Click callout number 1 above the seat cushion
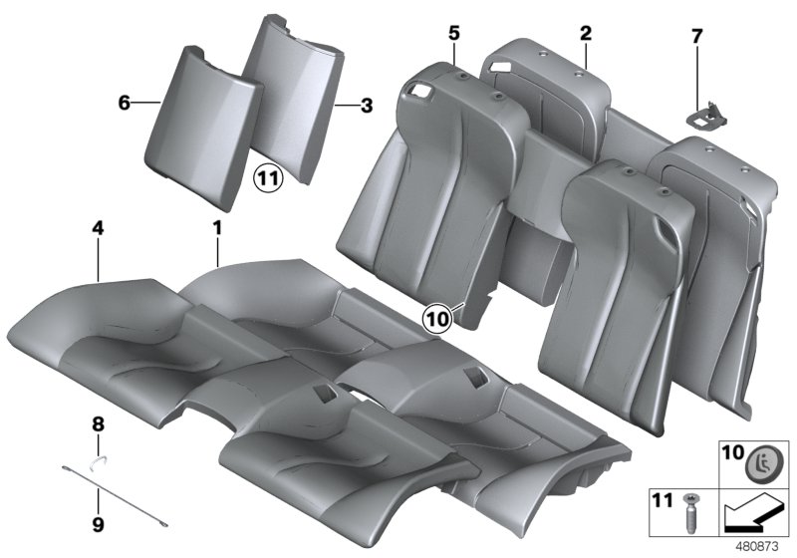[216, 229]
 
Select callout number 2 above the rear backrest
[586, 33]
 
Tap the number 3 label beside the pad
[367, 103]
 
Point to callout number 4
[98, 229]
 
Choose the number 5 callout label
[453, 33]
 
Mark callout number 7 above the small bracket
[696, 37]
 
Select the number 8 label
[98, 423]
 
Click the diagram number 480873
[761, 546]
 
